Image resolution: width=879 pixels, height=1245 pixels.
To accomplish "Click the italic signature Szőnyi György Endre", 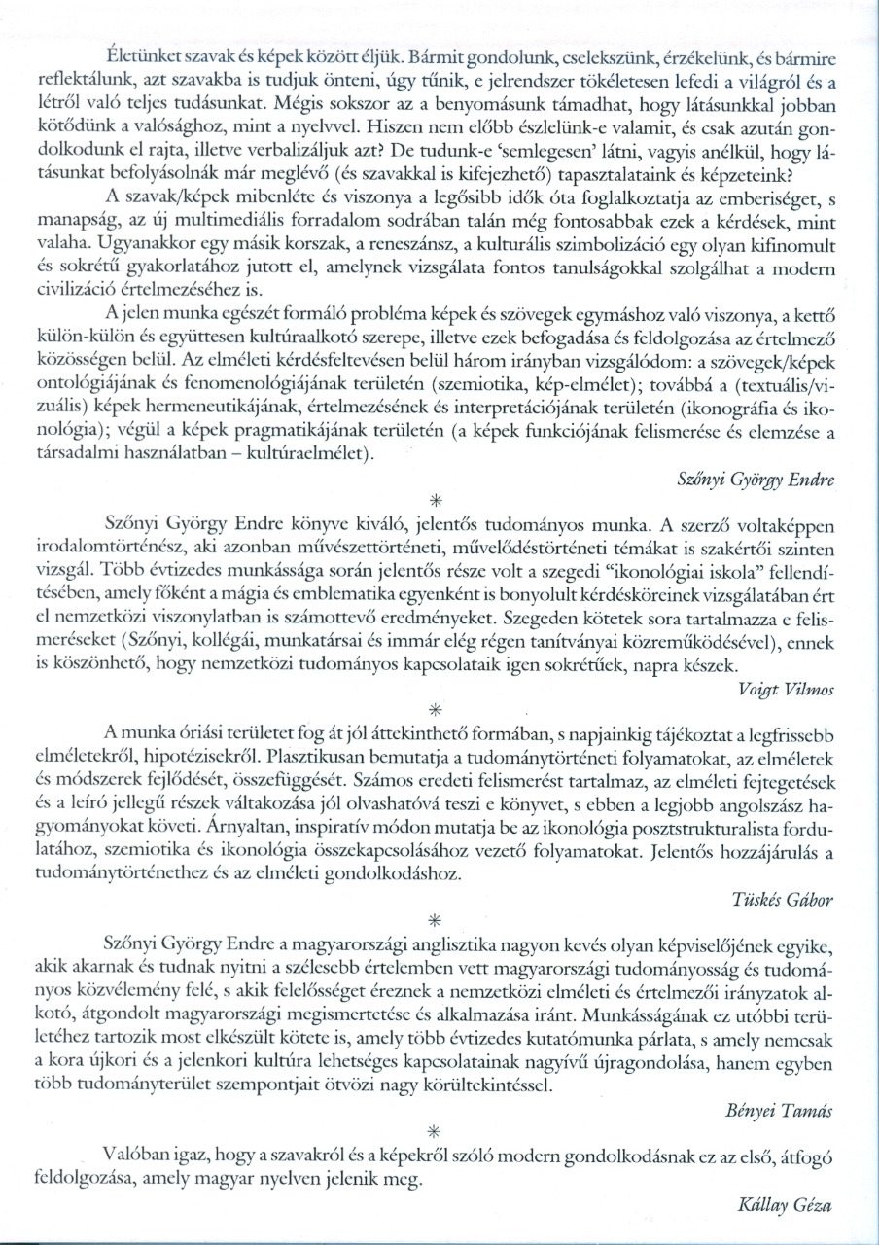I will (x=759, y=480).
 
